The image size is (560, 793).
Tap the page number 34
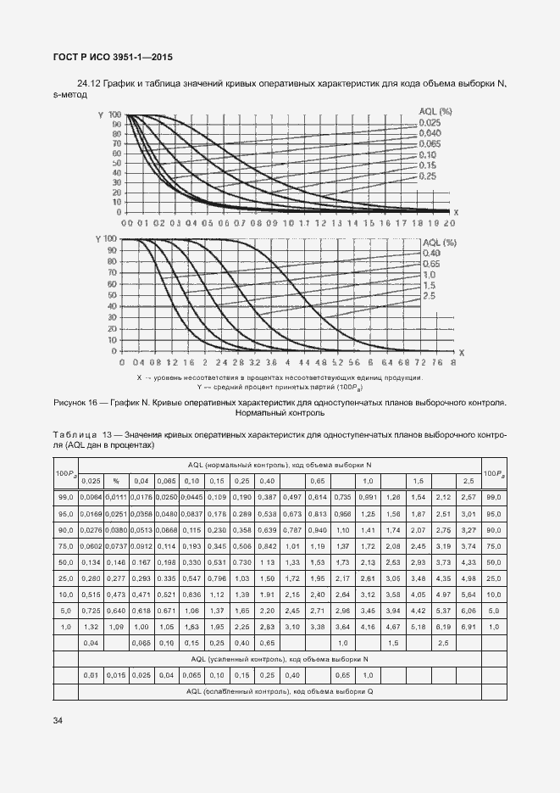coord(58,721)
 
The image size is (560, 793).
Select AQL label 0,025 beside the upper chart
coord(430,124)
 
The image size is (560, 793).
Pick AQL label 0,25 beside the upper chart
coord(427,176)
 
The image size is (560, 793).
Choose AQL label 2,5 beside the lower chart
coord(428,295)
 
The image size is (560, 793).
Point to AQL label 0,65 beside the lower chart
coord(430,264)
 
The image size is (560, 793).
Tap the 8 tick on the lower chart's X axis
coord(453,361)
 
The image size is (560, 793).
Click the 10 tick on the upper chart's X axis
coord(288,222)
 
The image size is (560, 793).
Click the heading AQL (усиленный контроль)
coord(280,658)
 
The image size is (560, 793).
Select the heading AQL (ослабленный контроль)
coord(280,691)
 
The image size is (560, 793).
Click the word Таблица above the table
coord(75,434)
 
